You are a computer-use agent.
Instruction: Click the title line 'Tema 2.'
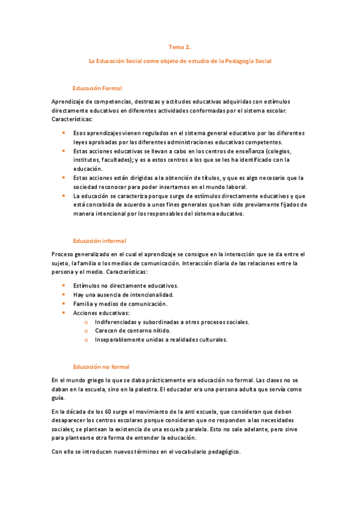(x=180, y=46)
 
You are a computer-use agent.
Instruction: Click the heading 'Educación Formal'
(x=97, y=88)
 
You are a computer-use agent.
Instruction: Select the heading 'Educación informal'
(x=99, y=241)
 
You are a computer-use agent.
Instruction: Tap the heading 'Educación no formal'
(x=101, y=367)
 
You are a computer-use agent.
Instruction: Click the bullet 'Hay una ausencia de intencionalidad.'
(x=123, y=295)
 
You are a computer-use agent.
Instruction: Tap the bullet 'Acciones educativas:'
(x=100, y=313)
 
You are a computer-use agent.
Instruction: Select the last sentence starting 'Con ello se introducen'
(x=146, y=452)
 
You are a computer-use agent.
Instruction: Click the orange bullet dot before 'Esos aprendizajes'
(x=64, y=133)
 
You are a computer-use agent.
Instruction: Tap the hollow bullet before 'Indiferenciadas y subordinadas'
(x=87, y=322)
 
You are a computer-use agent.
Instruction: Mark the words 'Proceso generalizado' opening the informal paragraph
(x=81, y=254)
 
